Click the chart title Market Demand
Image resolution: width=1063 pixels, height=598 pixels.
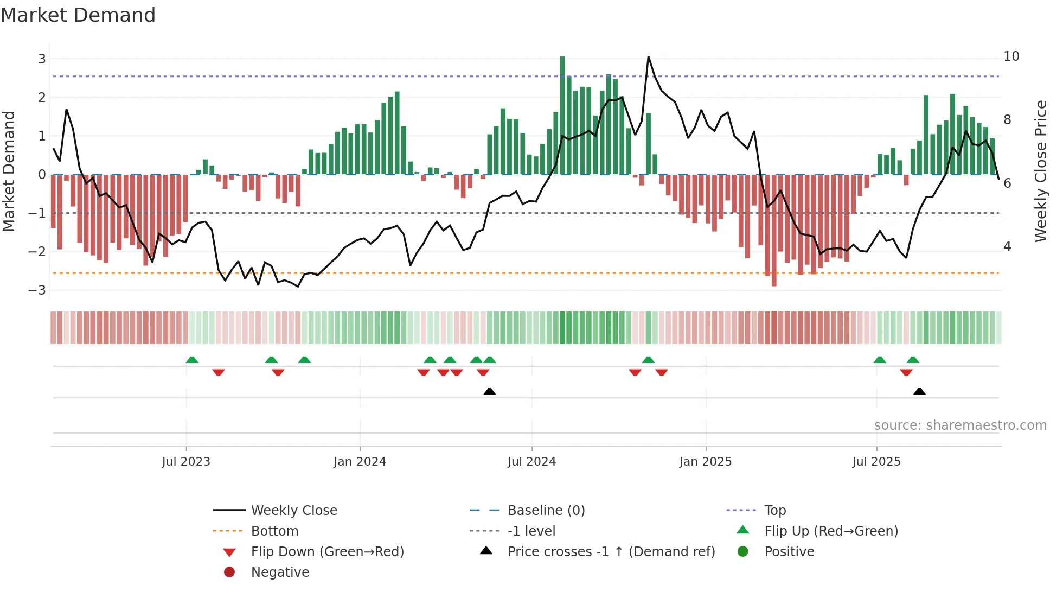coord(78,15)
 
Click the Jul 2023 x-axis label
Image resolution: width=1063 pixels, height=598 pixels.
coord(186,462)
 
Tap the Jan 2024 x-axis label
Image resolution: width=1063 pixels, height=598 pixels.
coord(360,462)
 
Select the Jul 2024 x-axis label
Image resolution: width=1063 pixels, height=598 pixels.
coord(531,462)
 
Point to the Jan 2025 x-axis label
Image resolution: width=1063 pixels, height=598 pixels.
coord(705,462)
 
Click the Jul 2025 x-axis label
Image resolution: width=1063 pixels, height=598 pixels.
coord(876,462)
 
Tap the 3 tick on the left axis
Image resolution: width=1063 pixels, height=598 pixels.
coord(42,59)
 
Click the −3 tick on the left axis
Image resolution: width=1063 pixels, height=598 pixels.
coord(37,290)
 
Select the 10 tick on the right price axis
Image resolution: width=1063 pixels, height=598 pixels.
coord(1011,56)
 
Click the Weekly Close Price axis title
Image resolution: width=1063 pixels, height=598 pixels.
coord(1040,171)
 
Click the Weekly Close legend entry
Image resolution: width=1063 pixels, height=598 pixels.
coord(293,511)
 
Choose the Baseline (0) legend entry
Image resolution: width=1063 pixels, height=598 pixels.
coord(546,511)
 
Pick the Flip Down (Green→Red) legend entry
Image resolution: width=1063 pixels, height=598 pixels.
coord(327,552)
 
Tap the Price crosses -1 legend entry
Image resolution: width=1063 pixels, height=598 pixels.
coord(611,552)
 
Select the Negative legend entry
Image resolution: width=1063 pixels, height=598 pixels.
coord(280,572)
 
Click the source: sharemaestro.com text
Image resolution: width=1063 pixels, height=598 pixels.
coord(960,425)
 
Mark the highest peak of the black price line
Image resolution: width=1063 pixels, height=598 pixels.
coord(648,57)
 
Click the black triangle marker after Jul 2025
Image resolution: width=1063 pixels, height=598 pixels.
coord(919,391)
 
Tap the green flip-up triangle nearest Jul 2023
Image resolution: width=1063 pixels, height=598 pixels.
coord(192,360)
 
